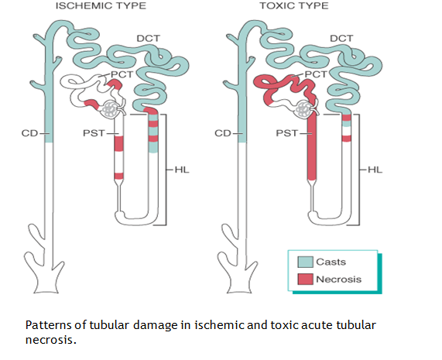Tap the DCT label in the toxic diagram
pos(341,38)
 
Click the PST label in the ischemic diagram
pos(91,133)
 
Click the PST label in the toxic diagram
pos(286,133)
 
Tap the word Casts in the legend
pos(331,262)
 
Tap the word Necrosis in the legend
pos(338,279)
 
